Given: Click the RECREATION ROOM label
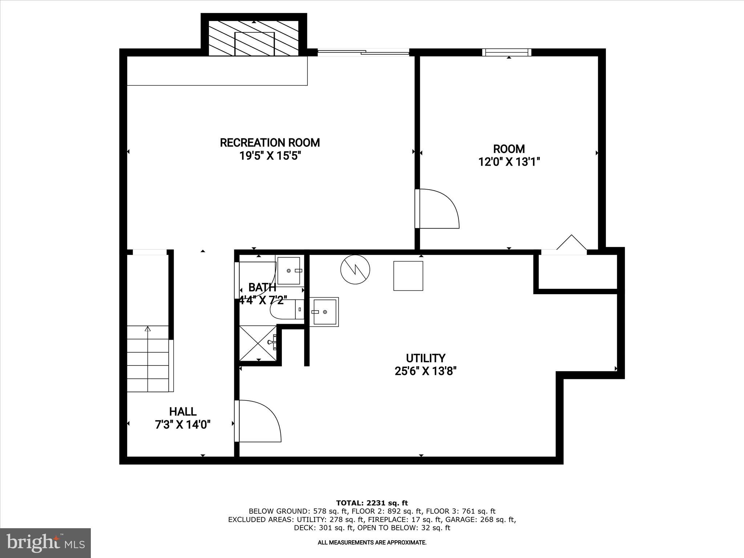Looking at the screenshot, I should (x=270, y=142).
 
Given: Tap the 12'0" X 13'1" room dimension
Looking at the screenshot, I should (x=509, y=162).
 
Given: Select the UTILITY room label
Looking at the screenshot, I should (x=425, y=358).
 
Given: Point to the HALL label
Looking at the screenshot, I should (x=183, y=412).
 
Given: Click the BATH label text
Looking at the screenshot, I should (x=262, y=287).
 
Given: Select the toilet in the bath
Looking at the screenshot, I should (x=287, y=310).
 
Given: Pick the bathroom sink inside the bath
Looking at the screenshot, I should (x=289, y=271).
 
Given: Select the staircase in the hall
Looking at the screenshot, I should (x=148, y=359).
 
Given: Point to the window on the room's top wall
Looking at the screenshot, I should (x=506, y=52).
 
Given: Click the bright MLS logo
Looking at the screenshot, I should (x=45, y=543).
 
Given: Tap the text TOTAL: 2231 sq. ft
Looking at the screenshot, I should (x=372, y=503).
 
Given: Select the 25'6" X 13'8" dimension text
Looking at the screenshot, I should (x=425, y=371).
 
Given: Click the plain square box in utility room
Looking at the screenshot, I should (x=408, y=276).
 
